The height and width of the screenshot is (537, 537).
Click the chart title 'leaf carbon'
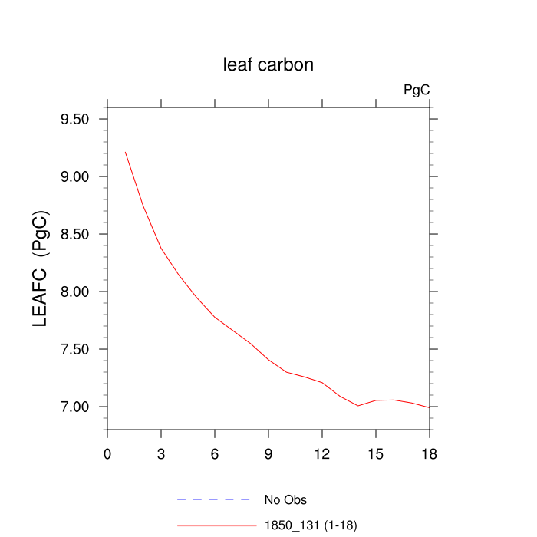click(268, 65)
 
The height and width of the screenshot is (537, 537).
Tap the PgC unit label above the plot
click(417, 91)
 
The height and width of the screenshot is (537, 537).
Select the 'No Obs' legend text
click(285, 500)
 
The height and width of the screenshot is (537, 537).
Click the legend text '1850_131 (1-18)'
click(311, 525)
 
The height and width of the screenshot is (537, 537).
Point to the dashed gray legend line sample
click(215, 500)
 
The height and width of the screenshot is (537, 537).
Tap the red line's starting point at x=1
click(126, 153)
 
